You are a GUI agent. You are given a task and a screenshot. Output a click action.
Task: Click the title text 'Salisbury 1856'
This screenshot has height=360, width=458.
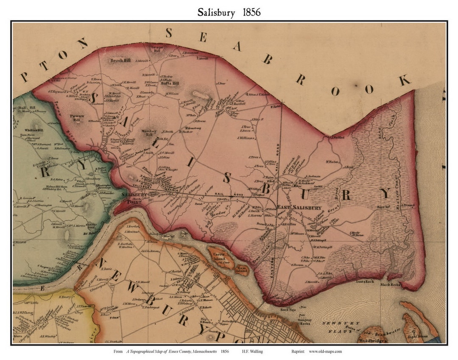pos(229,12)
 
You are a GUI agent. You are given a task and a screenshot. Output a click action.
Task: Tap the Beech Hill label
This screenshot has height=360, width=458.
pos(120,61)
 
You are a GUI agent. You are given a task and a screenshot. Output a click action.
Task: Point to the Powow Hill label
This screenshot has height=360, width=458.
pos(77,118)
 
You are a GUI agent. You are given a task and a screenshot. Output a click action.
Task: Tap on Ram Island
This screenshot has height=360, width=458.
pos(242,269)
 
